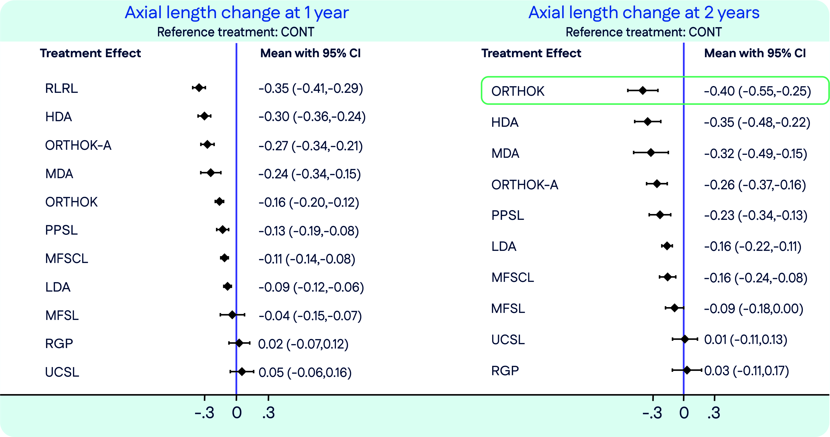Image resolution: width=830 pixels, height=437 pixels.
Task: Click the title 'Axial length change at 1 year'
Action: pyautogui.click(x=237, y=13)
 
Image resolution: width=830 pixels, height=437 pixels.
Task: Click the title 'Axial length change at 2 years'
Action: pyautogui.click(x=644, y=13)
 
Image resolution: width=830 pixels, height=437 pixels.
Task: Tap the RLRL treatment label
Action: pyautogui.click(x=62, y=88)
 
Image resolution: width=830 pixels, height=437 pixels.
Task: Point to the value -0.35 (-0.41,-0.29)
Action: pyautogui.click(x=311, y=88)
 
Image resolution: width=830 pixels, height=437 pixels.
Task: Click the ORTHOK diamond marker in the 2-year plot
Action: pyautogui.click(x=643, y=91)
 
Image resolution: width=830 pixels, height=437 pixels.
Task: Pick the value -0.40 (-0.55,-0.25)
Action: pyautogui.click(x=758, y=91)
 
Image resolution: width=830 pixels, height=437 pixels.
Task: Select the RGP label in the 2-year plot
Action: pyautogui.click(x=505, y=371)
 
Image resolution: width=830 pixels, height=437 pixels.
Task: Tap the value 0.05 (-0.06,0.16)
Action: pyautogui.click(x=305, y=373)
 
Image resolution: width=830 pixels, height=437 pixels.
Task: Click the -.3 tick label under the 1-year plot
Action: pyautogui.click(x=205, y=413)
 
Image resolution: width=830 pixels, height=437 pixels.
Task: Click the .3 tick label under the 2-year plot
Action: pyautogui.click(x=714, y=413)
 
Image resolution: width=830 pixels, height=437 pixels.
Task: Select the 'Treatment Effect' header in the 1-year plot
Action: pyautogui.click(x=91, y=53)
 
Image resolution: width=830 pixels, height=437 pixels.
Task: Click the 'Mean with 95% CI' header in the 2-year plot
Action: pyautogui.click(x=755, y=53)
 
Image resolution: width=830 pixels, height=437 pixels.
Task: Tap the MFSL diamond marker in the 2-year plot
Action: pyautogui.click(x=675, y=308)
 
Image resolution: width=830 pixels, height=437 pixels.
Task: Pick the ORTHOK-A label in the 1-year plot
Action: pyautogui.click(x=78, y=145)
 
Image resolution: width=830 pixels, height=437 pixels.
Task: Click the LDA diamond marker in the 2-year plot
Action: pyautogui.click(x=667, y=246)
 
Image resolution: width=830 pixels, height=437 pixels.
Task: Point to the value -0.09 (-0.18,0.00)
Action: pyautogui.click(x=754, y=309)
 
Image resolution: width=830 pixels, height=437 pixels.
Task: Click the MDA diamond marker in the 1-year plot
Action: pyautogui.click(x=211, y=173)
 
